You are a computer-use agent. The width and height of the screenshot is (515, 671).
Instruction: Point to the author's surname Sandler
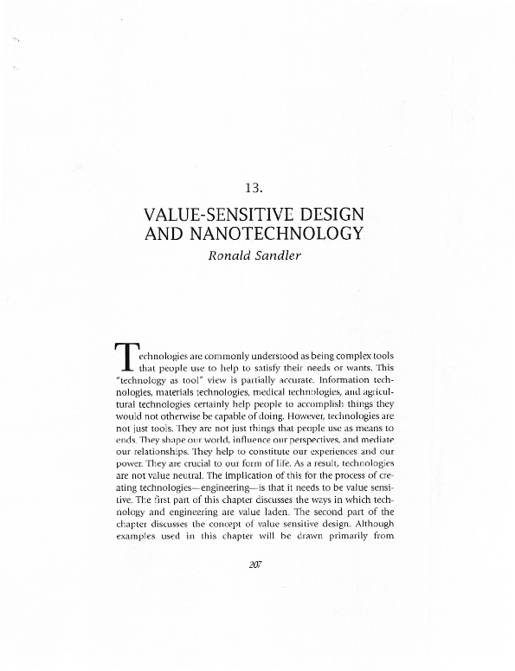pos(282,258)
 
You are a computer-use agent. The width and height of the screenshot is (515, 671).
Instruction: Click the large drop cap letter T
pos(126,357)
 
